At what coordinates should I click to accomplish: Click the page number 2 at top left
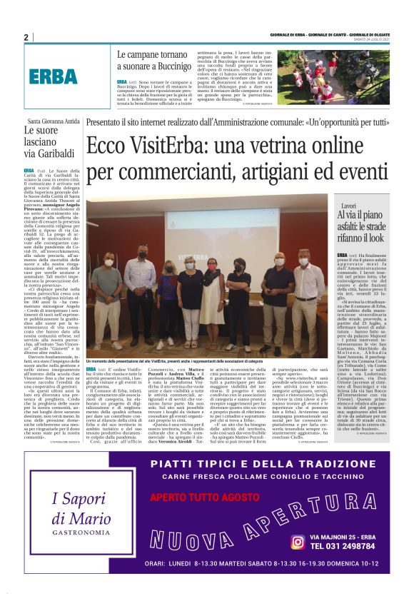[26, 37]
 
